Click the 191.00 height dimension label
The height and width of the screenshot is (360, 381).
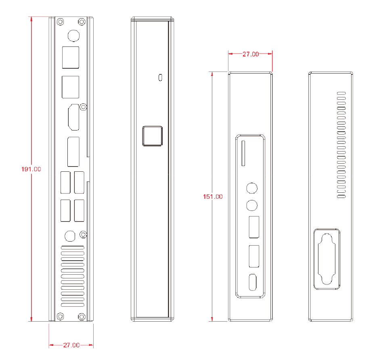[x=31, y=169]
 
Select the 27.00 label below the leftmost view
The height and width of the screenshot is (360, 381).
[x=71, y=345]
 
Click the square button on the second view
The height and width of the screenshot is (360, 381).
[x=152, y=136]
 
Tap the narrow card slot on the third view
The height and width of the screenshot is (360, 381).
[x=243, y=153]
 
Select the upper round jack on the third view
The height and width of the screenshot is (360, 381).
[x=252, y=188]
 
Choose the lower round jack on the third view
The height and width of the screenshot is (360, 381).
[x=252, y=205]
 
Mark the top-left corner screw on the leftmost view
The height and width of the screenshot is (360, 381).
[x=60, y=21]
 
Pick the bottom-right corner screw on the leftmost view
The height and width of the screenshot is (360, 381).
[x=82, y=316]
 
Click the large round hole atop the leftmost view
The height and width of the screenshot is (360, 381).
[x=73, y=36]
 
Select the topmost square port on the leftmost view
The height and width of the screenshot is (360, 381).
[x=70, y=57]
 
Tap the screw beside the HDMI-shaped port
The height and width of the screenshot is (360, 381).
[x=83, y=107]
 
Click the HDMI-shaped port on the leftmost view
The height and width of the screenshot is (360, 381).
[x=73, y=117]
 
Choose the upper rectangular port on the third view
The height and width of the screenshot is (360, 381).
[x=254, y=227]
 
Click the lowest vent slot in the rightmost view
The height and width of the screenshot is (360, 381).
[x=341, y=196]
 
